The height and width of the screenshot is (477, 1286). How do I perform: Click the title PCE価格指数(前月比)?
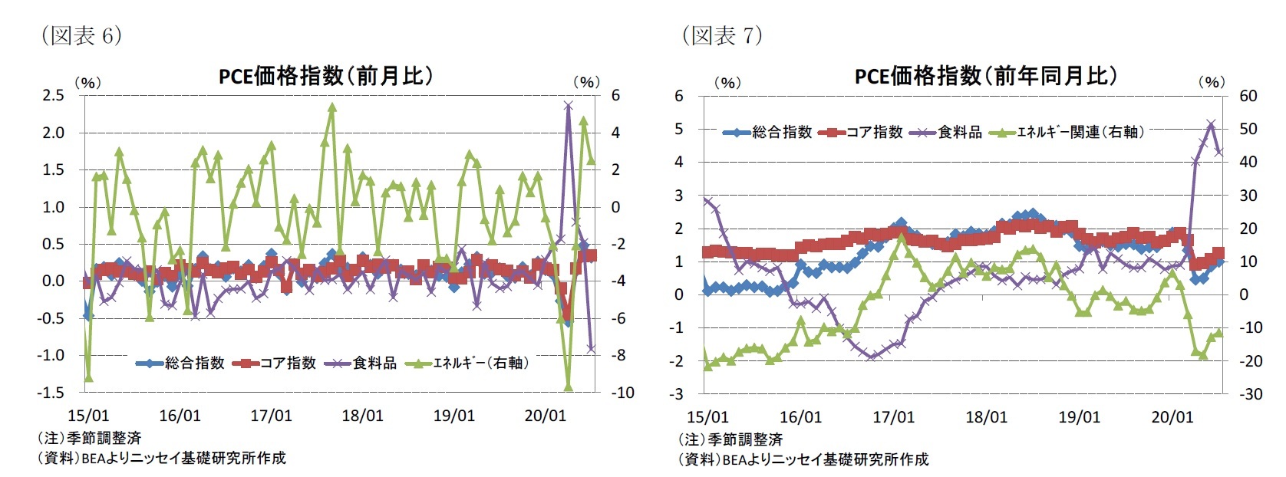[x=325, y=76]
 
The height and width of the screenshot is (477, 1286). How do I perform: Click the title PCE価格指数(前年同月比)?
[x=985, y=76]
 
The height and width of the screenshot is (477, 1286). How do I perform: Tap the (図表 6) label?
[x=81, y=35]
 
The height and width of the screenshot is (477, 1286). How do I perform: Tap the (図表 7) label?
[x=722, y=35]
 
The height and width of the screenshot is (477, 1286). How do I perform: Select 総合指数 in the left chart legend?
[x=194, y=363]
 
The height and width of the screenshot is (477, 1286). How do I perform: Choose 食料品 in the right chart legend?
[x=959, y=132]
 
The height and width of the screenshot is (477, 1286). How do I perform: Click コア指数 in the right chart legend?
[x=874, y=132]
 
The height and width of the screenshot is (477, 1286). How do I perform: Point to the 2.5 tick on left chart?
[x=53, y=95]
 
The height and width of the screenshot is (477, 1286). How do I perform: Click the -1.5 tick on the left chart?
[x=51, y=392]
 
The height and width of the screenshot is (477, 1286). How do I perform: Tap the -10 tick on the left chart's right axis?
[x=622, y=393]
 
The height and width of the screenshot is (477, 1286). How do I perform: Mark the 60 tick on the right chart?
[x=1248, y=96]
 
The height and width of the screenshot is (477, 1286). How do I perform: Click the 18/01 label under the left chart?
[x=362, y=416]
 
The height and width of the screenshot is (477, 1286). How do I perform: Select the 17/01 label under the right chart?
[x=893, y=417]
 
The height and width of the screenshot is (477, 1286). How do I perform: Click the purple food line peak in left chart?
[x=568, y=105]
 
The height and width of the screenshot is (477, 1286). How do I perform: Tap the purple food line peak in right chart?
[x=1211, y=123]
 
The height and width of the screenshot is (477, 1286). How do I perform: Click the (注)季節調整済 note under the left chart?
[x=89, y=438]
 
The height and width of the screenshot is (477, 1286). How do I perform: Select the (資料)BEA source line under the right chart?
[x=803, y=459]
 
